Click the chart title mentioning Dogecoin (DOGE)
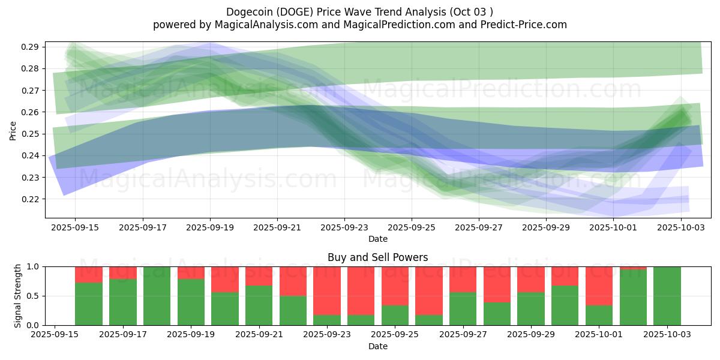click(360, 12)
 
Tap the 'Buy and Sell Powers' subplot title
click(377, 257)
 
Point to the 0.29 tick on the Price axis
click(31, 47)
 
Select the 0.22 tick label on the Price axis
click(31, 199)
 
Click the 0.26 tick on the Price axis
click(31, 112)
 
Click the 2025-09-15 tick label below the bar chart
click(55, 335)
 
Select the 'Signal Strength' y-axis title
click(17, 295)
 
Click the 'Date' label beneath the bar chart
click(377, 346)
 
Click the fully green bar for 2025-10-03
click(667, 296)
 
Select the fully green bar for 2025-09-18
click(157, 296)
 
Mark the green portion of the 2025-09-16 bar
click(88, 304)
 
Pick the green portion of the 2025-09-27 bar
click(463, 308)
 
